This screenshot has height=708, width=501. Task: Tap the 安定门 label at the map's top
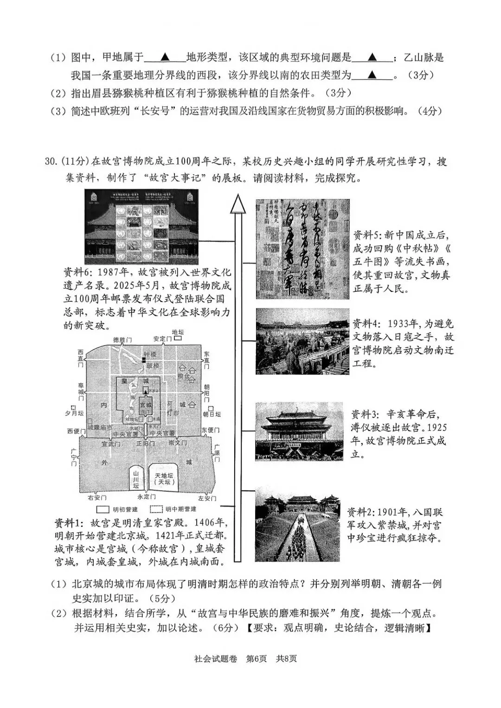coord(162,339)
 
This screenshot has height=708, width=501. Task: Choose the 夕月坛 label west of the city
coord(75,413)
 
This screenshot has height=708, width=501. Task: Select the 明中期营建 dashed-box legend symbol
coord(156,509)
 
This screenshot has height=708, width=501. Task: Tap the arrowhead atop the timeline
coord(238,203)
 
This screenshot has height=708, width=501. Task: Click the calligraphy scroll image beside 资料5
coord(302,249)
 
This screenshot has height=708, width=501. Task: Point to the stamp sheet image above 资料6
coord(141,226)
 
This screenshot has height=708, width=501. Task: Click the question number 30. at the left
coord(51,162)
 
